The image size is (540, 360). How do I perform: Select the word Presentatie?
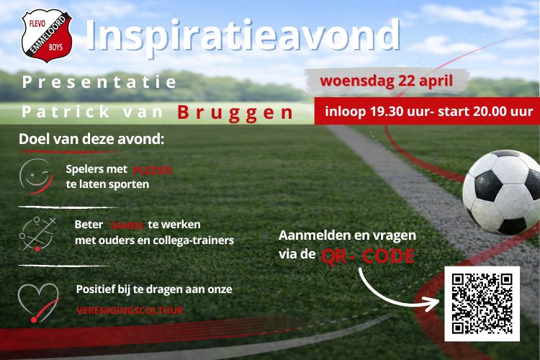(x=99, y=82)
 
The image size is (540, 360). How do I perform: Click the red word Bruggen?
(x=235, y=113)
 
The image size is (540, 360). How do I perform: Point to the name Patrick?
(x=66, y=113)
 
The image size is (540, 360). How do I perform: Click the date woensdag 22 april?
(x=387, y=80)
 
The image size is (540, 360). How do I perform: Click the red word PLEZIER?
(x=153, y=171)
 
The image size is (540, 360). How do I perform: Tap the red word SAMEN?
(x=127, y=225)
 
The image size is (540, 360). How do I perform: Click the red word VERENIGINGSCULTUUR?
(x=130, y=311)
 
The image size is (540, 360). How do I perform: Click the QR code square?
(x=482, y=303)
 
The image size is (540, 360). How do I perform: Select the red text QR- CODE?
(x=367, y=256)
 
